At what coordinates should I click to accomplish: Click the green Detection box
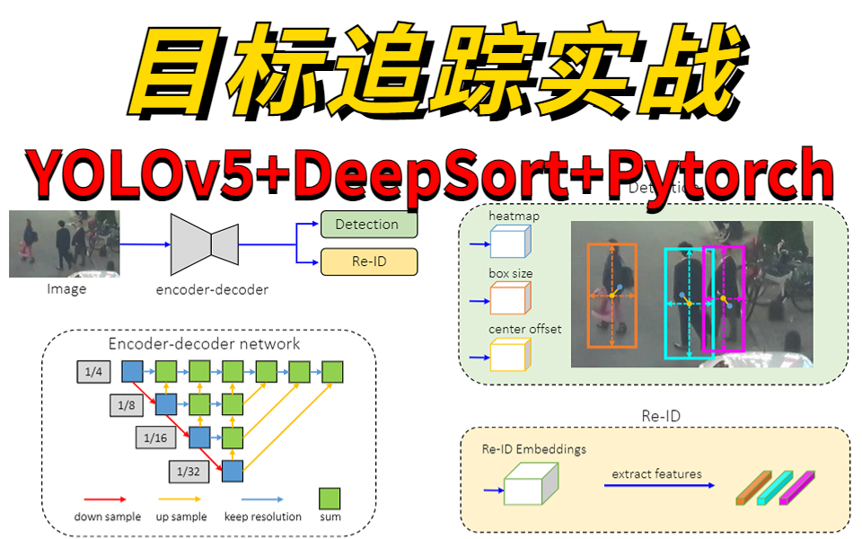tap(368, 224)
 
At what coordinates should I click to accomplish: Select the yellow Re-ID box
tap(368, 261)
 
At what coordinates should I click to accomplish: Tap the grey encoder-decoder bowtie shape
tap(205, 243)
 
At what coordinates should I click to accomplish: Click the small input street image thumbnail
tap(64, 243)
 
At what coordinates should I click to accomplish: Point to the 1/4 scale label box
tap(94, 370)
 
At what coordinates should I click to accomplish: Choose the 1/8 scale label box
tap(127, 404)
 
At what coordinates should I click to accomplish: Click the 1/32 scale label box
tap(188, 470)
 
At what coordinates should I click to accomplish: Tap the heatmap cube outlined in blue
tap(511, 243)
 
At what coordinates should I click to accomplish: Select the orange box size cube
tap(511, 297)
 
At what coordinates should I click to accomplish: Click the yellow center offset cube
tap(511, 354)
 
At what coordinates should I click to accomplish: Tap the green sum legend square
tap(330, 499)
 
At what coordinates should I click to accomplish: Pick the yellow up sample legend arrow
tap(180, 499)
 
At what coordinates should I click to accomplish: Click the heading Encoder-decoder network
tap(205, 343)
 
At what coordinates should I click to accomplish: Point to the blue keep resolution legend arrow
tap(260, 499)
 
